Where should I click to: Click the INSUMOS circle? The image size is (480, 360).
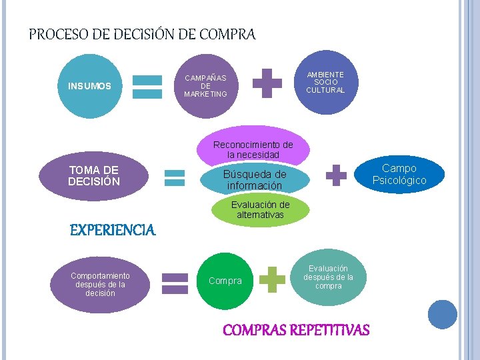coord(89,86)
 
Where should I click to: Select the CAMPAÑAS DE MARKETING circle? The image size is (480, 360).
coord(205,86)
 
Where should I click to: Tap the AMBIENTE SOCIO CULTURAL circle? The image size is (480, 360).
coord(325,83)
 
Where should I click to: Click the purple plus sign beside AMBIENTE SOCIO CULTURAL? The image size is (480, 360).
coord(267,83)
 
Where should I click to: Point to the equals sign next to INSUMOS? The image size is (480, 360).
coord(147,87)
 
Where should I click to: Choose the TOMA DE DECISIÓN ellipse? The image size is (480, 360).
coord(94,176)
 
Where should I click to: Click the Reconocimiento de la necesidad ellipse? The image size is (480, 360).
coord(253,147)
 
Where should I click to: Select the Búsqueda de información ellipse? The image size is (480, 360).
coord(254,179)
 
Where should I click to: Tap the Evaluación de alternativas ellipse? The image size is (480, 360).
coord(260,209)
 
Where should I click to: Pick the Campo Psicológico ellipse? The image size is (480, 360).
coord(399,175)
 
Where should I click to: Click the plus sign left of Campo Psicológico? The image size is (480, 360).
coord(336,175)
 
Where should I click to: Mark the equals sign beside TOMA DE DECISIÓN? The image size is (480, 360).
coord(175,177)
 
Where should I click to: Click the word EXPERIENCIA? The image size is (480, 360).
coord(113,231)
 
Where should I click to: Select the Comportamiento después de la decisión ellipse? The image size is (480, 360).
coord(100,284)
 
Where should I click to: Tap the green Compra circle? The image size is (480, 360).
coord(225,281)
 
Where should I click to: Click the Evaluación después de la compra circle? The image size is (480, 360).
coord(328,277)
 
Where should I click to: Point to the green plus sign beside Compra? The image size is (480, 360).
coord(272,279)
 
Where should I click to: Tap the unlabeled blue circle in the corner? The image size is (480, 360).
coord(442,314)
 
